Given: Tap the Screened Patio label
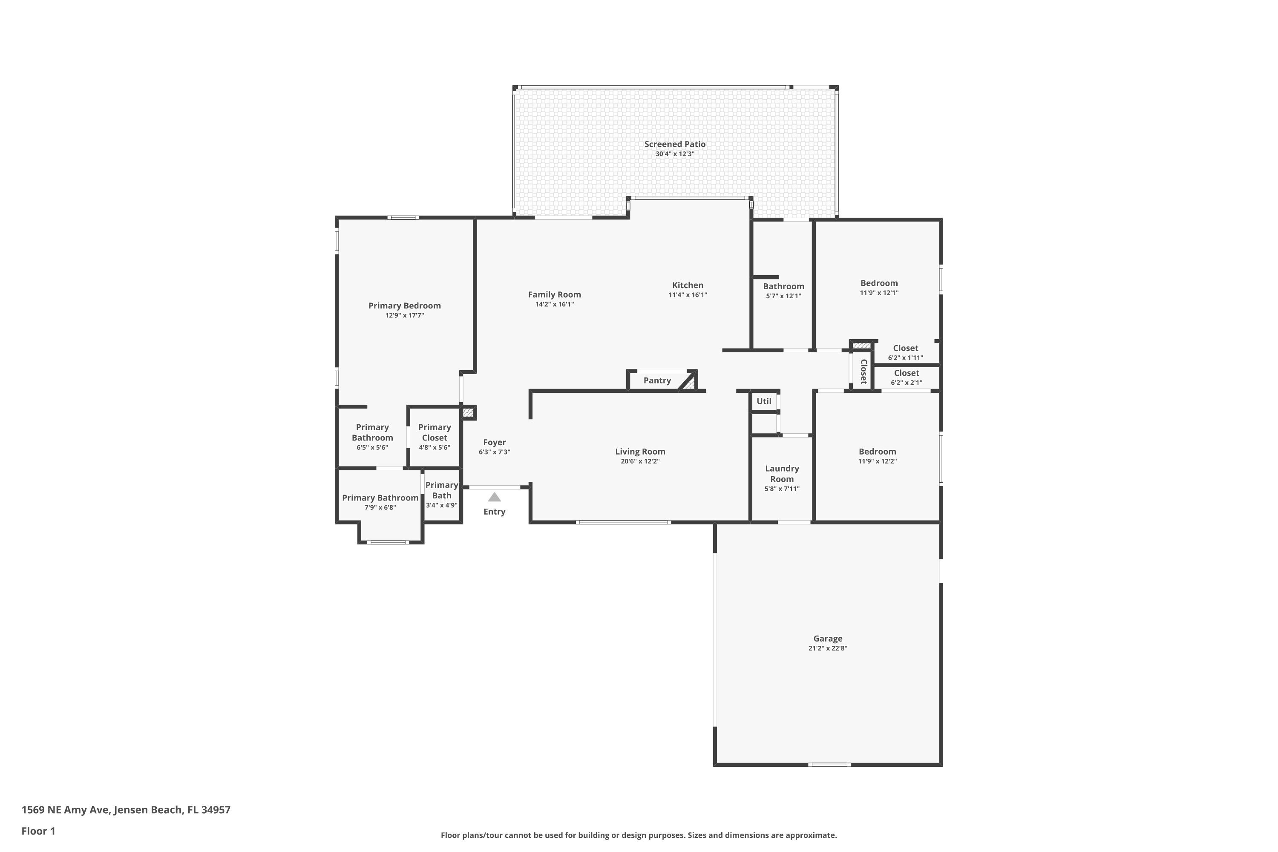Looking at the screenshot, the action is pyautogui.click(x=675, y=144).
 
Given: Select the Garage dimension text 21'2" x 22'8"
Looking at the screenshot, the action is pyautogui.click(x=828, y=648).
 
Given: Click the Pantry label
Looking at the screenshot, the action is pyautogui.click(x=657, y=380).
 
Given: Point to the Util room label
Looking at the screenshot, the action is pyautogui.click(x=763, y=401).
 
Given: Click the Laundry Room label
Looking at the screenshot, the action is pyautogui.click(x=782, y=473).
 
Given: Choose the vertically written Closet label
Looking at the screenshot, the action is pyautogui.click(x=863, y=371).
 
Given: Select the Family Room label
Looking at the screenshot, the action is pyautogui.click(x=554, y=294).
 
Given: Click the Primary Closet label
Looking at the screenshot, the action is pyautogui.click(x=434, y=432).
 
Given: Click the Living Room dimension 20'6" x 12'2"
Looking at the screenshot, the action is pyautogui.click(x=640, y=461).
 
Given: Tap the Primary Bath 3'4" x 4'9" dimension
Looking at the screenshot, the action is pyautogui.click(x=441, y=505).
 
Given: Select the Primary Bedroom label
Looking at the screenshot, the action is pyautogui.click(x=404, y=305).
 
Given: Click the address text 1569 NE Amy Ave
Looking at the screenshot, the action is pyautogui.click(x=66, y=810).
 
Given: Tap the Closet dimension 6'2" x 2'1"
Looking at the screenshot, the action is pyautogui.click(x=907, y=383).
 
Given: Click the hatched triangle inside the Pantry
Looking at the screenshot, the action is pyautogui.click(x=689, y=381).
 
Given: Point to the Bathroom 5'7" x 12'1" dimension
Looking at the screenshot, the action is pyautogui.click(x=783, y=296).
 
